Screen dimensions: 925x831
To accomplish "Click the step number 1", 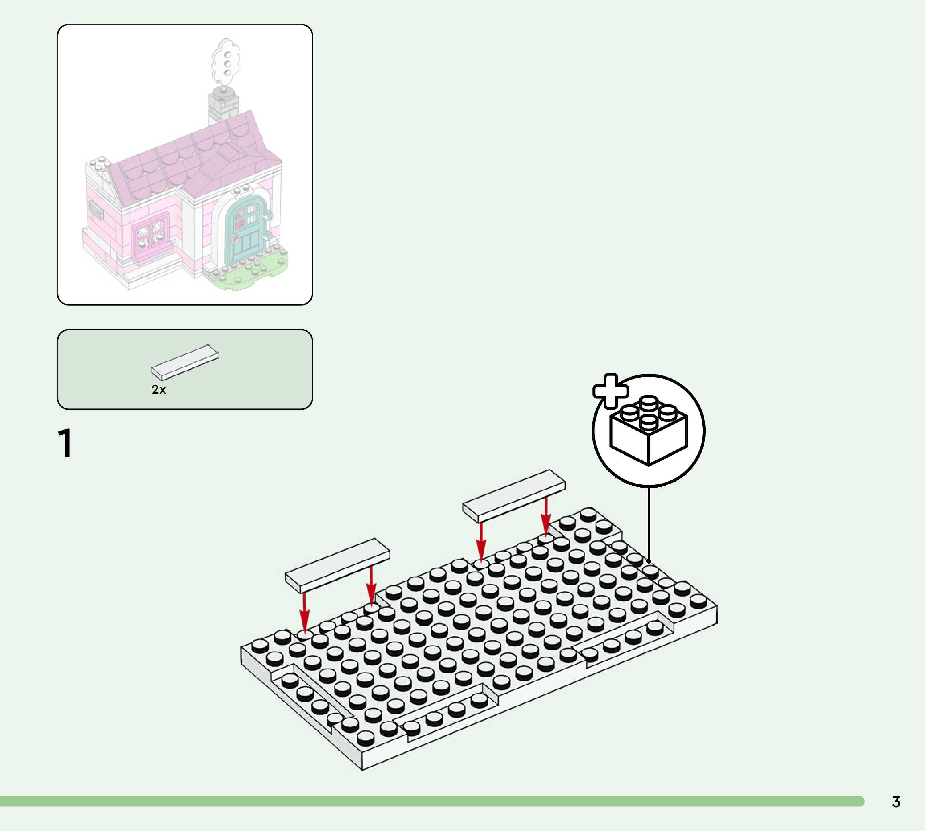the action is pyautogui.click(x=65, y=443).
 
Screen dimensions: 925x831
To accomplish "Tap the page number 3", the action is pyautogui.click(x=896, y=802).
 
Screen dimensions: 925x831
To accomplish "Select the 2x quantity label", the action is pyautogui.click(x=159, y=390).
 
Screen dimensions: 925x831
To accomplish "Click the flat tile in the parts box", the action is pyautogui.click(x=185, y=362).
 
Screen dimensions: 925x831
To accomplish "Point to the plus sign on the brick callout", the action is pyautogui.click(x=610, y=391).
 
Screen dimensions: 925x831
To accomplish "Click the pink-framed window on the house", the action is pyautogui.click(x=149, y=233).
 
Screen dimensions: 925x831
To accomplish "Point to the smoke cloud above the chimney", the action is pyautogui.click(x=225, y=61).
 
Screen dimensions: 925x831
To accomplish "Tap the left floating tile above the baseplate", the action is pyautogui.click(x=337, y=566).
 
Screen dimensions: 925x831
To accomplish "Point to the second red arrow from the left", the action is pyautogui.click(x=371, y=586).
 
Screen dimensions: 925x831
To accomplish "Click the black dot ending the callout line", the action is pyautogui.click(x=649, y=561).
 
